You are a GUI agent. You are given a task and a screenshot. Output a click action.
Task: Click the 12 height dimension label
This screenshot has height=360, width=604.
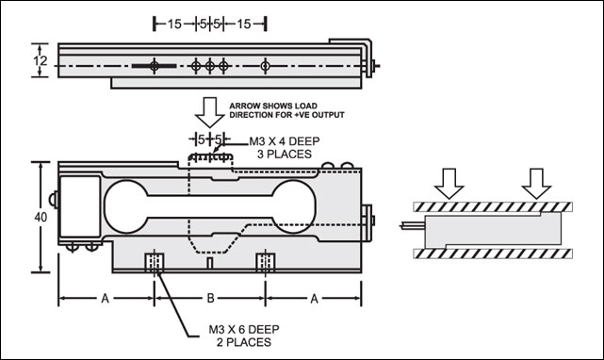point(41,61)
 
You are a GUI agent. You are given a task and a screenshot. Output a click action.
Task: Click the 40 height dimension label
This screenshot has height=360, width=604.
point(41,218)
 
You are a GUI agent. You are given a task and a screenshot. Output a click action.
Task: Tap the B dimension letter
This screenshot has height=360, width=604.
point(210,298)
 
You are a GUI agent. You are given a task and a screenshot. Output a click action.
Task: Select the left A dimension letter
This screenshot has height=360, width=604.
point(106,299)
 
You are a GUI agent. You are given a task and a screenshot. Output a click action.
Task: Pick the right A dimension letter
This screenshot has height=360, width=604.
point(315,299)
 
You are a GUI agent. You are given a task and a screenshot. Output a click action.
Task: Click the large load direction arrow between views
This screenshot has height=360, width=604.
point(210,112)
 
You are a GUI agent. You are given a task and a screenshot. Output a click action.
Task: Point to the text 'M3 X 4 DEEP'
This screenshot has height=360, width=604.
point(285,141)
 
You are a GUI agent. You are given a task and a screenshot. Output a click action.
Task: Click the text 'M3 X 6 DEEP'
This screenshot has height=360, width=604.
point(244,330)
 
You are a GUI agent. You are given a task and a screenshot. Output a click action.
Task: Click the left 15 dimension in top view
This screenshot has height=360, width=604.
point(174,24)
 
